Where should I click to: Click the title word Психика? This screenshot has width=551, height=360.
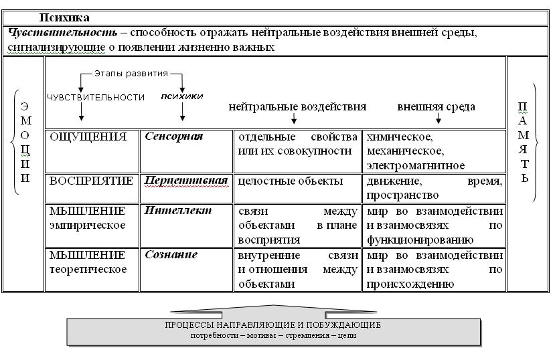[x=64, y=17]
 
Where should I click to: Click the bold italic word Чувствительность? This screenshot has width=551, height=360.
[x=62, y=33]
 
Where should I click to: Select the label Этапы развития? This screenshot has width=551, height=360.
[x=131, y=74]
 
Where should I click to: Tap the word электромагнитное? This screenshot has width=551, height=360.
[x=416, y=166]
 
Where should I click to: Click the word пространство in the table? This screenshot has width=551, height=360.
[x=403, y=195]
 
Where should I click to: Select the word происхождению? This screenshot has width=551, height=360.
[x=410, y=284]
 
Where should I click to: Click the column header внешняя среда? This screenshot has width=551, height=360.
[x=436, y=107]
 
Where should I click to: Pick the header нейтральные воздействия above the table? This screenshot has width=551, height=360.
[x=297, y=107]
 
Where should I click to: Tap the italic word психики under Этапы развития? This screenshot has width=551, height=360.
[x=182, y=96]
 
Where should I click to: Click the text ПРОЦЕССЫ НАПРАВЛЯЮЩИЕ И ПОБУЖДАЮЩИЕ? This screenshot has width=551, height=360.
[x=273, y=325]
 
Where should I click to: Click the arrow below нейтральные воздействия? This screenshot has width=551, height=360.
[x=294, y=118]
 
